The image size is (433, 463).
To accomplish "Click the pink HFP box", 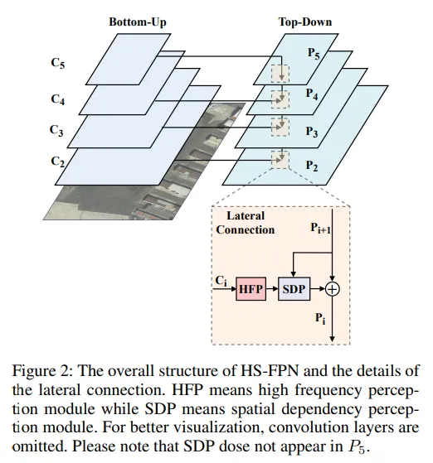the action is [251, 289].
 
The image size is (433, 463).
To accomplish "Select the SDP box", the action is [294, 289].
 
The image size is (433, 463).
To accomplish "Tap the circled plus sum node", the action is [332, 289].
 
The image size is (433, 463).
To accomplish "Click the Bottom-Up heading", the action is [138, 22].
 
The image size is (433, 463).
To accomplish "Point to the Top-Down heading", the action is [305, 22].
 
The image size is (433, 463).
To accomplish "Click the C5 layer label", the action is [58, 63].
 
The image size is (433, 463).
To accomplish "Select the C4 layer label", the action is [58, 99].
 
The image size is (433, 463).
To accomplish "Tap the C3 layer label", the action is [56, 130].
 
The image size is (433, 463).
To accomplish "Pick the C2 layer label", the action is [58, 162].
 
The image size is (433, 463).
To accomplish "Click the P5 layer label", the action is [314, 53].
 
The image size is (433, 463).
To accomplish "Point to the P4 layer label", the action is [312, 94].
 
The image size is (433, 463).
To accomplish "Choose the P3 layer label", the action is [312, 132].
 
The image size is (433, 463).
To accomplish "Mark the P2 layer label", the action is [312, 166].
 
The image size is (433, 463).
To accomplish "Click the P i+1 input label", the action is [320, 229].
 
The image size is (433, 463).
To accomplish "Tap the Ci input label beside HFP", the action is [221, 281].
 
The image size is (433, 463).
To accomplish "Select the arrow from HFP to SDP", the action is [272, 289].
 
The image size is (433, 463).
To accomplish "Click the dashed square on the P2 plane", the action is [280, 160].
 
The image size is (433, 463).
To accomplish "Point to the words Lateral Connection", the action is [246, 223].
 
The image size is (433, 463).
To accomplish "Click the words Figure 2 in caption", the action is [42, 371].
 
